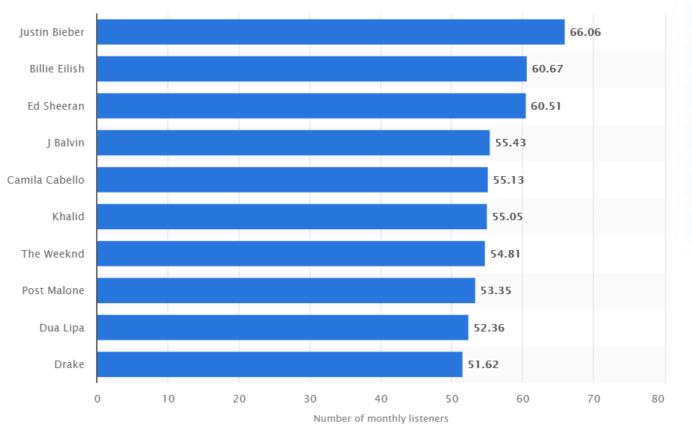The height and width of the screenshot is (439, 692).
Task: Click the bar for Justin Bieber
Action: tap(330, 32)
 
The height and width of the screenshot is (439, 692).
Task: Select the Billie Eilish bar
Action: tap(312, 69)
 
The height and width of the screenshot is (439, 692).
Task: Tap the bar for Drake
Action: tap(279, 364)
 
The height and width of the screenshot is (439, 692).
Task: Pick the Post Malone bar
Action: tap(285, 290)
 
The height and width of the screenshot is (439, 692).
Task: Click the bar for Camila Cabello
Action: tap(292, 180)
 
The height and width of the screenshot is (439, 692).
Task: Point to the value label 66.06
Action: tap(585, 32)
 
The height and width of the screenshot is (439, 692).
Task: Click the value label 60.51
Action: tap(546, 106)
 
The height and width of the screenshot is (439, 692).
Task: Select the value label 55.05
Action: tap(507, 217)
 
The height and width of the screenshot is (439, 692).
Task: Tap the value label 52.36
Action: tap(489, 328)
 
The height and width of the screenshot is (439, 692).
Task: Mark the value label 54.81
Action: tap(505, 254)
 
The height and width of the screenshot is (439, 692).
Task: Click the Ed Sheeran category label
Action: tap(56, 106)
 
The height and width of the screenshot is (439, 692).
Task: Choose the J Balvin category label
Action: tap(65, 143)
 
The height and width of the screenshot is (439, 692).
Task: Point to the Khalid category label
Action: tap(68, 217)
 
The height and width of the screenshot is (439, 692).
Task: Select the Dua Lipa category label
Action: tap(61, 328)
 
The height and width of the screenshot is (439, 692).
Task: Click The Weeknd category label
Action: tap(53, 254)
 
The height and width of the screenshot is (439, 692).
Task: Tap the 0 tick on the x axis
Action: tap(97, 399)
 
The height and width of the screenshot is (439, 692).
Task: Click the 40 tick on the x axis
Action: tap(380, 399)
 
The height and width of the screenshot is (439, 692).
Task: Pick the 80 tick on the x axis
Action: tap(658, 399)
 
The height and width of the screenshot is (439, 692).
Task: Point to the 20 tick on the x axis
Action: tap(239, 399)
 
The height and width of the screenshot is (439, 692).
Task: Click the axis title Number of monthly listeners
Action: tap(380, 419)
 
